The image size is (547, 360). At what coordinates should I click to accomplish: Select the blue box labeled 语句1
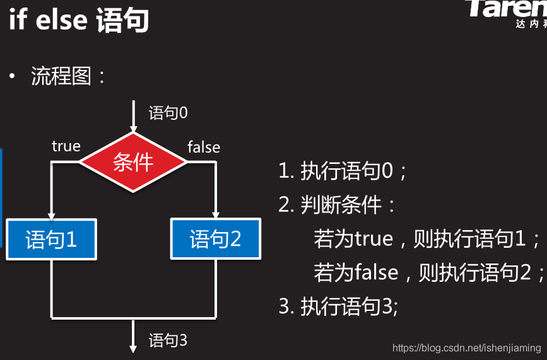51,239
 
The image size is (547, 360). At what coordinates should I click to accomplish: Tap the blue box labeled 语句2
216,239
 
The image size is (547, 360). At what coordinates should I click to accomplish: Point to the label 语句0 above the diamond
168,113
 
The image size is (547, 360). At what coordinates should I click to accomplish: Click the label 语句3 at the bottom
168,340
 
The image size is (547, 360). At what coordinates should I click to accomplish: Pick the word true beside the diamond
66,146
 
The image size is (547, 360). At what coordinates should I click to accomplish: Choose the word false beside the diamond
204,147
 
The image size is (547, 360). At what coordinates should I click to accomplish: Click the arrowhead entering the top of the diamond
133,127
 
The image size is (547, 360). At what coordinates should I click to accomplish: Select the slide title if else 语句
79,20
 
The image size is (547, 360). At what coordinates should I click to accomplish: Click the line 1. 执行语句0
343,171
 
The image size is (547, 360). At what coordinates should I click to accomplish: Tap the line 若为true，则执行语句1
427,239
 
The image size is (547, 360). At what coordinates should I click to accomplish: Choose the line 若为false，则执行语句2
429,272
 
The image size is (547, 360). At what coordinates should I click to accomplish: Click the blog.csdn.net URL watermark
466,347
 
